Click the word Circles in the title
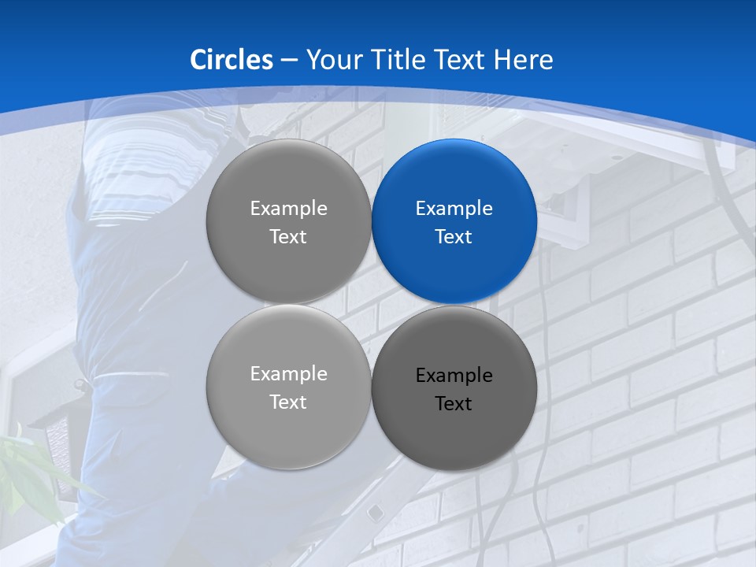232,60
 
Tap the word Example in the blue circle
454,209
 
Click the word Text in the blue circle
454,237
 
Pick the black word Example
454,376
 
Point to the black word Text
454,404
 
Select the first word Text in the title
462,60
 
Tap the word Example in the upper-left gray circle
289,209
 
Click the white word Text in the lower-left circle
289,402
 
